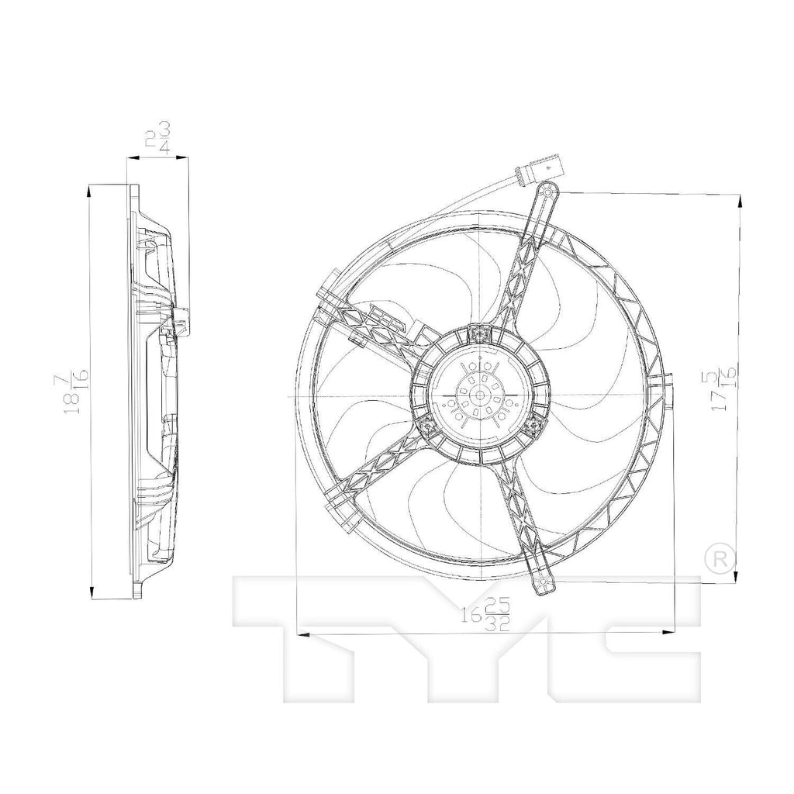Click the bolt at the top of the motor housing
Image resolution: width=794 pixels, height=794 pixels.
click(x=481, y=334)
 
